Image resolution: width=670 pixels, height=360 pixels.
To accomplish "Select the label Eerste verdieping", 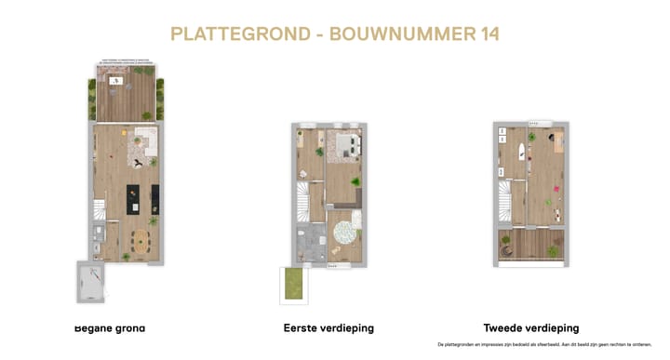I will coord(328,328).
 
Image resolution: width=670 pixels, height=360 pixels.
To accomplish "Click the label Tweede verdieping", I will coord(530,328).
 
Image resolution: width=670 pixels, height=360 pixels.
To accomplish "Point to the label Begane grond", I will coord(109,328).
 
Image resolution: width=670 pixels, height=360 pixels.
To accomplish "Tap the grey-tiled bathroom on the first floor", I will coord(308,242).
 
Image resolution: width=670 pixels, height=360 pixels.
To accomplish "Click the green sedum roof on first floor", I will coord(294,283).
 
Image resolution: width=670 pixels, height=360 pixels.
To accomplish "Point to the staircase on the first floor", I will coord(302,198).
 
